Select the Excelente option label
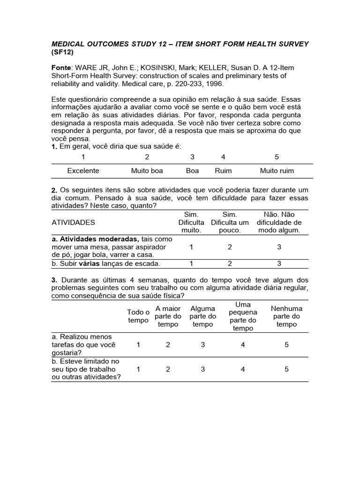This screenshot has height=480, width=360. click(x=83, y=171)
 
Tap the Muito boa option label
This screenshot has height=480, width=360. click(x=147, y=171)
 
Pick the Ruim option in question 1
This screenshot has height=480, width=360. click(x=223, y=171)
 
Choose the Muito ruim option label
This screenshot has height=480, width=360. click(x=277, y=171)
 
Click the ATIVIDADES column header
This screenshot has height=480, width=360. click(x=73, y=222)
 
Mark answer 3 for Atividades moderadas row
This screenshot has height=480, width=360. click(x=279, y=247)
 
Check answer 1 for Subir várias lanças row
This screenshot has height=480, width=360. click(x=191, y=263)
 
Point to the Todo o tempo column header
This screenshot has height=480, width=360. click(x=138, y=316)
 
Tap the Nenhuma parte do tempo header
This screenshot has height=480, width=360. click(x=286, y=316)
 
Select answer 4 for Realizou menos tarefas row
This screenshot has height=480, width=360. click(x=243, y=345)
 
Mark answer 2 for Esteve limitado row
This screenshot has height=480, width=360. click(x=168, y=369)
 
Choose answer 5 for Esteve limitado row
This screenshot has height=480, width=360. click(x=286, y=369)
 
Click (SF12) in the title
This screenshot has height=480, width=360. click(x=62, y=52)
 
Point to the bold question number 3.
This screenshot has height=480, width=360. click(x=54, y=280)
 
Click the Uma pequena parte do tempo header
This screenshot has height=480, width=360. click(x=243, y=316)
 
